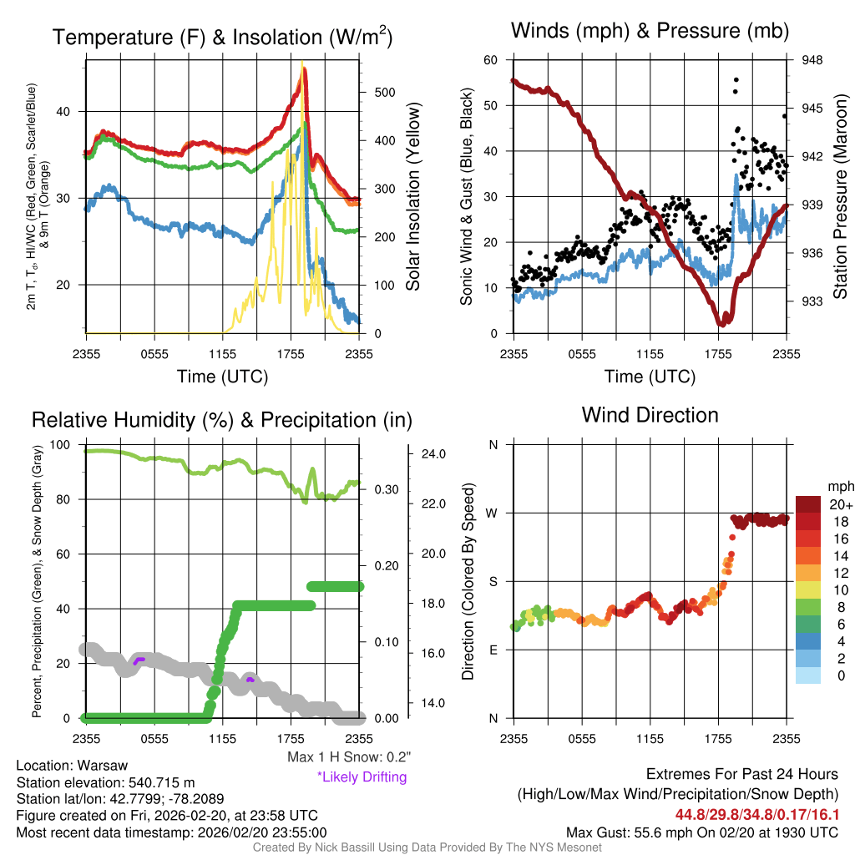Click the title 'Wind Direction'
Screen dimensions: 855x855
tap(650, 415)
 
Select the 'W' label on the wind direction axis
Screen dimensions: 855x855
tap(493, 513)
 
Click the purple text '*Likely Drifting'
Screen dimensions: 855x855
tap(361, 777)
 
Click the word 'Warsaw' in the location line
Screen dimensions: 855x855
tap(104, 766)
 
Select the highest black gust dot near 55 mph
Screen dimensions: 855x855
tap(736, 80)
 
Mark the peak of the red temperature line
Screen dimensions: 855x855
tap(304, 70)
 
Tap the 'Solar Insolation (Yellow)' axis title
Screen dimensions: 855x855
tap(412, 197)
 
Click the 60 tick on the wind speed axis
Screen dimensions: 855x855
tap(491, 60)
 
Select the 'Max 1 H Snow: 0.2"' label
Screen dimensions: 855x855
tap(348, 757)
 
